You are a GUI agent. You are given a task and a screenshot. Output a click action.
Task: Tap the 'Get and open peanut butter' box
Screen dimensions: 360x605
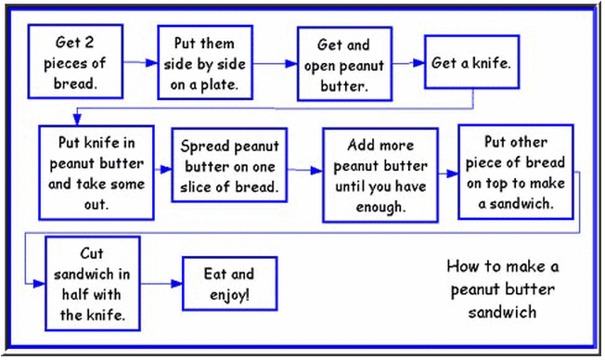click(342, 63)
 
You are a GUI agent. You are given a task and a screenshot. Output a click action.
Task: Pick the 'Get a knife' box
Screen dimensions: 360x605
click(470, 65)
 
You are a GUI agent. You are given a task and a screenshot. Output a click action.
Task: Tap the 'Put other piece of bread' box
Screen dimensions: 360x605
click(515, 171)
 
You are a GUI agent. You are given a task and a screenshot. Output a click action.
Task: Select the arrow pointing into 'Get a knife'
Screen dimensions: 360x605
click(407, 66)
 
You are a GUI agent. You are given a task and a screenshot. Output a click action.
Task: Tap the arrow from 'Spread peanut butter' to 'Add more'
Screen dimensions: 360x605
click(304, 172)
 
